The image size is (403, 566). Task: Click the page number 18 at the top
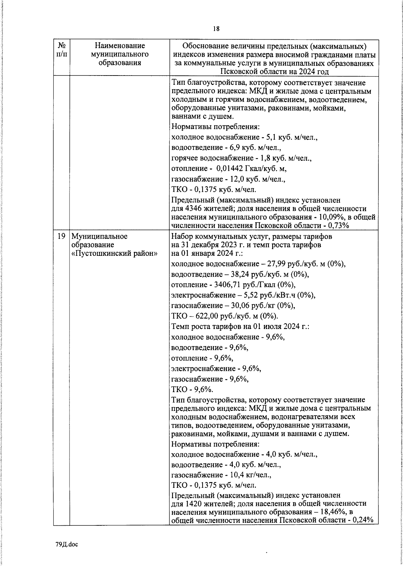point(216,29)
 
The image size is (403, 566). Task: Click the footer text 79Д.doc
point(67,544)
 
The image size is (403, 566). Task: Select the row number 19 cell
point(61,236)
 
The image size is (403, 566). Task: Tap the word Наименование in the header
point(120,45)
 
